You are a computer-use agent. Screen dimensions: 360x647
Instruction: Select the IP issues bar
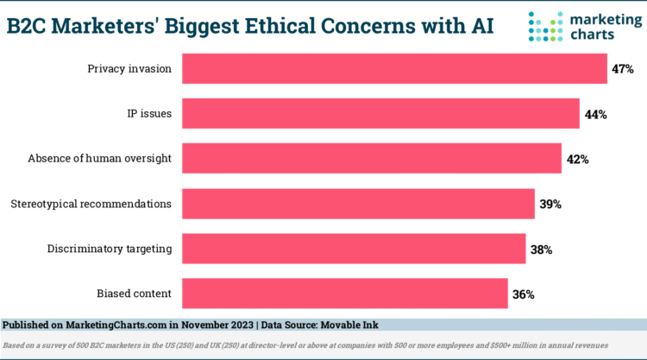tap(380, 113)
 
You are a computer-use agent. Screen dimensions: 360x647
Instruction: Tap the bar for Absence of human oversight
tap(372, 159)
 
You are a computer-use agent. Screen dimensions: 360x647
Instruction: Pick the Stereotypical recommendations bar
tap(358, 204)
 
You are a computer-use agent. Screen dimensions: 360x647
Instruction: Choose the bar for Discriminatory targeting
tap(354, 249)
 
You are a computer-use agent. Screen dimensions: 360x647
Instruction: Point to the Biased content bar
tap(345, 294)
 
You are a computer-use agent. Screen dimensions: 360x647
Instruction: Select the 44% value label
tap(595, 114)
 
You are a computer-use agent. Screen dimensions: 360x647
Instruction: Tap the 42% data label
tap(577, 159)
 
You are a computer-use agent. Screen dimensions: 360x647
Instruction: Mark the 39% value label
tap(550, 205)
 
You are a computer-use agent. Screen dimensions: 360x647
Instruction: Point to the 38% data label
tap(542, 249)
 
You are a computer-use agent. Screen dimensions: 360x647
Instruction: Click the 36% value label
tap(524, 294)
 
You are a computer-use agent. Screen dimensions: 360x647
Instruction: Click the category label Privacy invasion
tap(129, 69)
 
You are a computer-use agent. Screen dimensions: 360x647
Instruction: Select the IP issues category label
tap(148, 114)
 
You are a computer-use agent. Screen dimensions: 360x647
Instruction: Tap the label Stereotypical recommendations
tap(91, 205)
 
